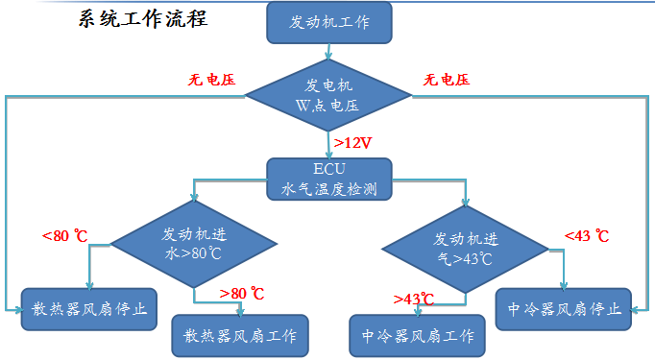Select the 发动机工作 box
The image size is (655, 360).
tap(328, 21)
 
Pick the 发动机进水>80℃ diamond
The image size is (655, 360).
tap(195, 245)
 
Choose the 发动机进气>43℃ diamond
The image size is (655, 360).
tap(466, 247)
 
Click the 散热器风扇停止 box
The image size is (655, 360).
tap(89, 308)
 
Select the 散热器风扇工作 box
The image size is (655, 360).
tap(240, 336)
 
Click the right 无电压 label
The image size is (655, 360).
tap(447, 80)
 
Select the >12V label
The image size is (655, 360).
tap(352, 143)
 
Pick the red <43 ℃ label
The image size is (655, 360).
tap(587, 235)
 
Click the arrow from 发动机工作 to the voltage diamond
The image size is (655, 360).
tap(328, 52)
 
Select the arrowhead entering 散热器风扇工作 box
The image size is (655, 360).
tap(240, 310)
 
